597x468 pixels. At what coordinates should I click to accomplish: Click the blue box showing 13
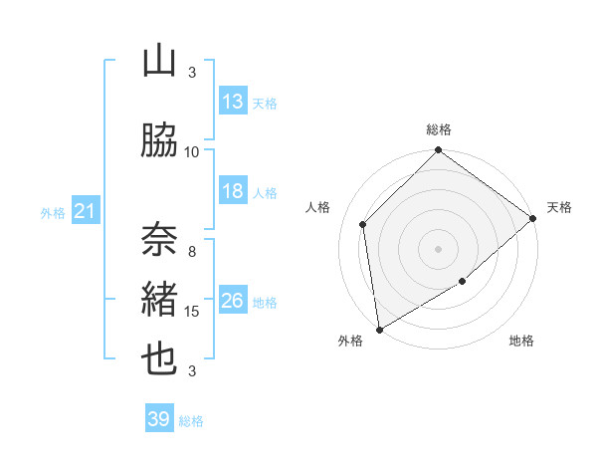[233, 102]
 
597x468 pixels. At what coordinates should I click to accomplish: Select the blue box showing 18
[233, 191]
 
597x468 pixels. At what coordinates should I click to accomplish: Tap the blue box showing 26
[233, 301]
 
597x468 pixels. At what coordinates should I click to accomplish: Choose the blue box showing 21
[85, 211]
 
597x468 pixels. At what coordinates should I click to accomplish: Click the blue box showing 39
[159, 419]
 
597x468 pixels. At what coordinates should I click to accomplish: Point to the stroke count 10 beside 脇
[192, 151]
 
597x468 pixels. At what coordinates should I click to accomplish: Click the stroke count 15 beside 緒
[192, 312]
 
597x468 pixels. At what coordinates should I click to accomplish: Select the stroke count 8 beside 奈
[192, 251]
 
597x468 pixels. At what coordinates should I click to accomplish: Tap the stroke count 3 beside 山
[192, 72]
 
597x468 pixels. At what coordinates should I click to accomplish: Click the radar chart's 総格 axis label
[439, 129]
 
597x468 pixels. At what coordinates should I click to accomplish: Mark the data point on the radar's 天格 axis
[533, 219]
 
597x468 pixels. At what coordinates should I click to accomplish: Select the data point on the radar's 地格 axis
[463, 282]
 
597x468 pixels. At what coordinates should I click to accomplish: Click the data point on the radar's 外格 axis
[379, 329]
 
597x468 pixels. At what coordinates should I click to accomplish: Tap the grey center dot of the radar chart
[438, 248]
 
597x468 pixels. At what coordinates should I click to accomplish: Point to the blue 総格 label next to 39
[191, 421]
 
